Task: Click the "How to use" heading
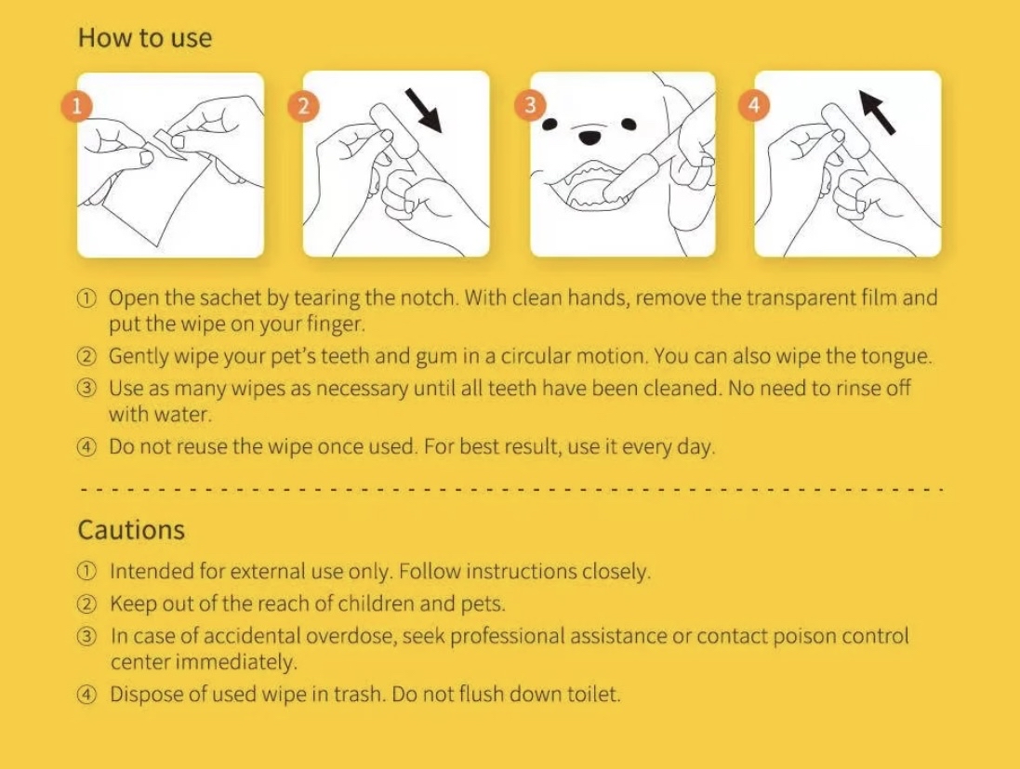145,38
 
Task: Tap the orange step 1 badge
76,106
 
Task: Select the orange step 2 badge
303,106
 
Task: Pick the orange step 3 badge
529,105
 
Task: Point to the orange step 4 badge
755,105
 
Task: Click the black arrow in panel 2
423,111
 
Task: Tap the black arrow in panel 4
877,112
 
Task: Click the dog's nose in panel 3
590,138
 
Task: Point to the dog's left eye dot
550,124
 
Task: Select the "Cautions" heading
131,530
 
